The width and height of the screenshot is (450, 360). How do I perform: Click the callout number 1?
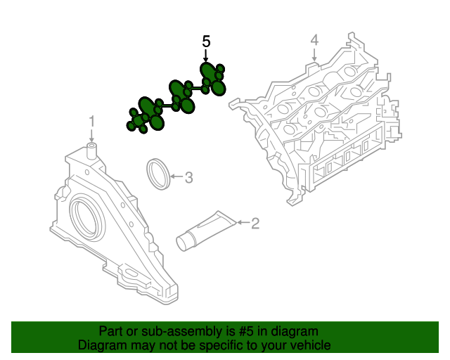91,122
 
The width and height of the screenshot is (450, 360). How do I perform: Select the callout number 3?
188,178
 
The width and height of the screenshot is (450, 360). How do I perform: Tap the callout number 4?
315,39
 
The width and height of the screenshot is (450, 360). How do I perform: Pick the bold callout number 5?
206,41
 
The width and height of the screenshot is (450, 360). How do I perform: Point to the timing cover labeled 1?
112,225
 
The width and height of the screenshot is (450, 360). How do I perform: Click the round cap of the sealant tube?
184,242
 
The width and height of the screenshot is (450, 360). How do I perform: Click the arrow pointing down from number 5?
206,56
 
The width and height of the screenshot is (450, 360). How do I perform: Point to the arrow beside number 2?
242,223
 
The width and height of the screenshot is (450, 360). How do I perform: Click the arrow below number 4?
315,53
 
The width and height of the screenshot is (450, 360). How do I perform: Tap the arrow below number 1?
91,135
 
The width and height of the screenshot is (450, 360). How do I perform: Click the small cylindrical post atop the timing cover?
91,148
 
